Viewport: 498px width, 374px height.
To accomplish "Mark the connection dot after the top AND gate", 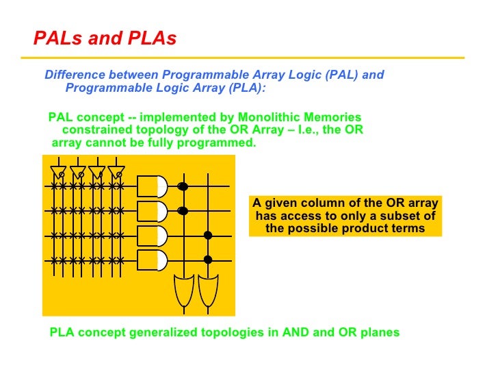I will coord(183,186).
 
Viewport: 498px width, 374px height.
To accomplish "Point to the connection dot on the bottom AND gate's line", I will coord(208,260).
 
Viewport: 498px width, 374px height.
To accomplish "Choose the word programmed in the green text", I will coord(220,143).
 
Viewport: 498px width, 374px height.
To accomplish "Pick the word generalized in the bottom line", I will coord(164,333).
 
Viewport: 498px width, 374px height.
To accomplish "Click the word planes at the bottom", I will coord(380,333).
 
